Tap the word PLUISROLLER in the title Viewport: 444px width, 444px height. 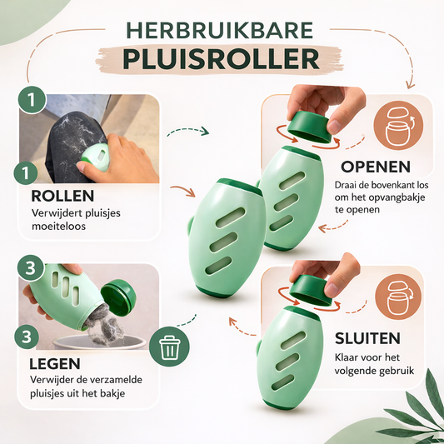[222, 57]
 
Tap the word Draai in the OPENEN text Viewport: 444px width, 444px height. [349, 185]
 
